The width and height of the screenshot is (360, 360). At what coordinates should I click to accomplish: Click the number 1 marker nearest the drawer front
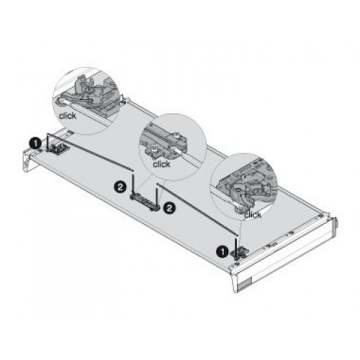222,252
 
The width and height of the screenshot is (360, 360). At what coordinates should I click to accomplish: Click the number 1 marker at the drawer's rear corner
36,144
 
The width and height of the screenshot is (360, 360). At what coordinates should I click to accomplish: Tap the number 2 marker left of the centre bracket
120,186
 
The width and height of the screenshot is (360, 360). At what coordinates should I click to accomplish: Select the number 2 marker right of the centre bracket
169,207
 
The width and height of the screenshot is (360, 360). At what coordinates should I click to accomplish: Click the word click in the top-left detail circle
68,116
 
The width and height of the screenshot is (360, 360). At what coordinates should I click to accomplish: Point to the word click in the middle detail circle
161,164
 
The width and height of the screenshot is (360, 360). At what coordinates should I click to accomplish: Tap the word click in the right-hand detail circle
253,215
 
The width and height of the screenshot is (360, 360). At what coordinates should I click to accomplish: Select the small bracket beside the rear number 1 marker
58,149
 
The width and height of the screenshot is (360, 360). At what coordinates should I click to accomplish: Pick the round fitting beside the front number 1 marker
240,253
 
